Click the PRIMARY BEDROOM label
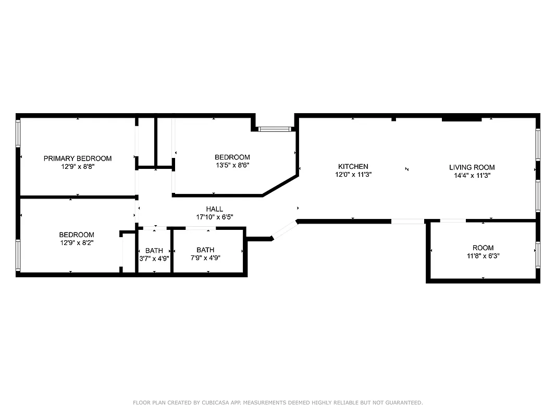pyautogui.click(x=77, y=158)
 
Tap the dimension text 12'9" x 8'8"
pyautogui.click(x=77, y=167)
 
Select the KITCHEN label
pyautogui.click(x=353, y=167)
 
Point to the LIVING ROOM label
pyautogui.click(x=472, y=167)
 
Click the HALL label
pyautogui.click(x=214, y=209)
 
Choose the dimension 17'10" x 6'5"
pyautogui.click(x=214, y=217)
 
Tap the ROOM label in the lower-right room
pyautogui.click(x=483, y=248)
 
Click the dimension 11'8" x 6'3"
pyautogui.click(x=483, y=256)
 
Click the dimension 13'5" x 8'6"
pyautogui.click(x=232, y=166)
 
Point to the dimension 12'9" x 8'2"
pyautogui.click(x=77, y=243)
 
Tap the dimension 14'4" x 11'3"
pyautogui.click(x=472, y=176)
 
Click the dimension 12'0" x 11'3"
pyautogui.click(x=353, y=175)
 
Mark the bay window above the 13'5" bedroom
pyautogui.click(x=275, y=128)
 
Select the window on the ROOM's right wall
pyautogui.click(x=537, y=254)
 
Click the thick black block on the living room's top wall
pyautogui.click(x=461, y=119)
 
